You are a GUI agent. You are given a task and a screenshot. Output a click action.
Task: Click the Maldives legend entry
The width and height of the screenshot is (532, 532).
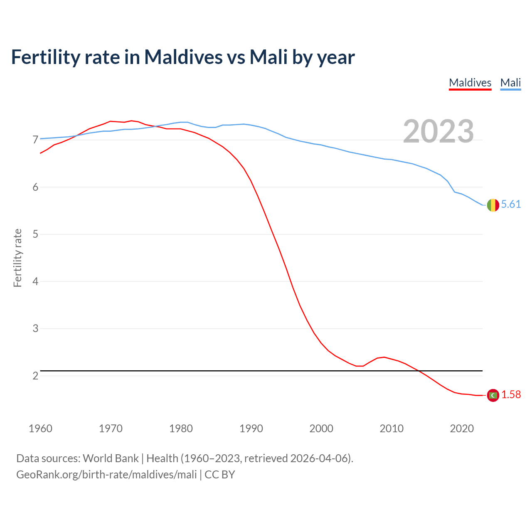coord(470,83)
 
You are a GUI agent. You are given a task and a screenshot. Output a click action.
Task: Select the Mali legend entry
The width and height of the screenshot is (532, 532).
coord(510,83)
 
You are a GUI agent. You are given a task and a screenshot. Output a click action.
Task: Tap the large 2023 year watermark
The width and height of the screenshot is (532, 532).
coord(438,131)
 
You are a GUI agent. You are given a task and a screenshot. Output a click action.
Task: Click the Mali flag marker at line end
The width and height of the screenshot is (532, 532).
coord(493,205)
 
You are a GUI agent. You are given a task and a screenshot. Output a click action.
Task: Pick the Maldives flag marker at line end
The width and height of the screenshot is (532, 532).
coord(493,395)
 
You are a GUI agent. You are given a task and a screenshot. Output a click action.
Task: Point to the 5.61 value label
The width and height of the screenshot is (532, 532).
coord(511,204)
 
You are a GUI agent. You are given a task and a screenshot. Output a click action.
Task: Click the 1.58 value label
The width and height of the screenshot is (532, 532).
coord(511,394)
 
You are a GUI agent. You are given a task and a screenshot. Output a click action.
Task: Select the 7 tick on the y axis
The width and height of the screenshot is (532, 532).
coord(35,140)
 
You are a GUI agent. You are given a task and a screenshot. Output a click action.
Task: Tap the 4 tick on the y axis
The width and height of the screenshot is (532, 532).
coord(35,281)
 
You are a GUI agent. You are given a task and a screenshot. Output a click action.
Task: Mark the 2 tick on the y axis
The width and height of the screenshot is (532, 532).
coord(35,376)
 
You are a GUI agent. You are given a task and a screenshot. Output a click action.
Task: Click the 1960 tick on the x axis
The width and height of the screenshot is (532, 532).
coord(40,429)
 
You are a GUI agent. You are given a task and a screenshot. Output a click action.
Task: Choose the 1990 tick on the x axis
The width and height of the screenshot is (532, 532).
coord(251,429)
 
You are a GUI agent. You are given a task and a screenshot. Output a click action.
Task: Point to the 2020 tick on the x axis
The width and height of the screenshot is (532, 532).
coord(462,429)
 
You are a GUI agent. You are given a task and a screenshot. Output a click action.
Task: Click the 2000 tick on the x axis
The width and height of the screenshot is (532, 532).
coord(321,429)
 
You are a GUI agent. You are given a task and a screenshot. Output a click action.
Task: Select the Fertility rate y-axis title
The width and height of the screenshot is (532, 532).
coord(17,258)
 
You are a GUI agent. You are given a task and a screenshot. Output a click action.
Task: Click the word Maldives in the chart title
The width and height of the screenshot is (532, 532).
coord(183,57)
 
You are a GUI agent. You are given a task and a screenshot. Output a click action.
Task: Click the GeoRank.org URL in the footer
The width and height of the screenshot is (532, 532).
coord(106,475)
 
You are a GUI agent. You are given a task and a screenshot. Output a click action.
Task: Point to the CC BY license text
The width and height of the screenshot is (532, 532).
coord(220,475)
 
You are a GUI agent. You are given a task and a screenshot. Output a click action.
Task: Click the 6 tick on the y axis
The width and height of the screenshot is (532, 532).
coord(35,187)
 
